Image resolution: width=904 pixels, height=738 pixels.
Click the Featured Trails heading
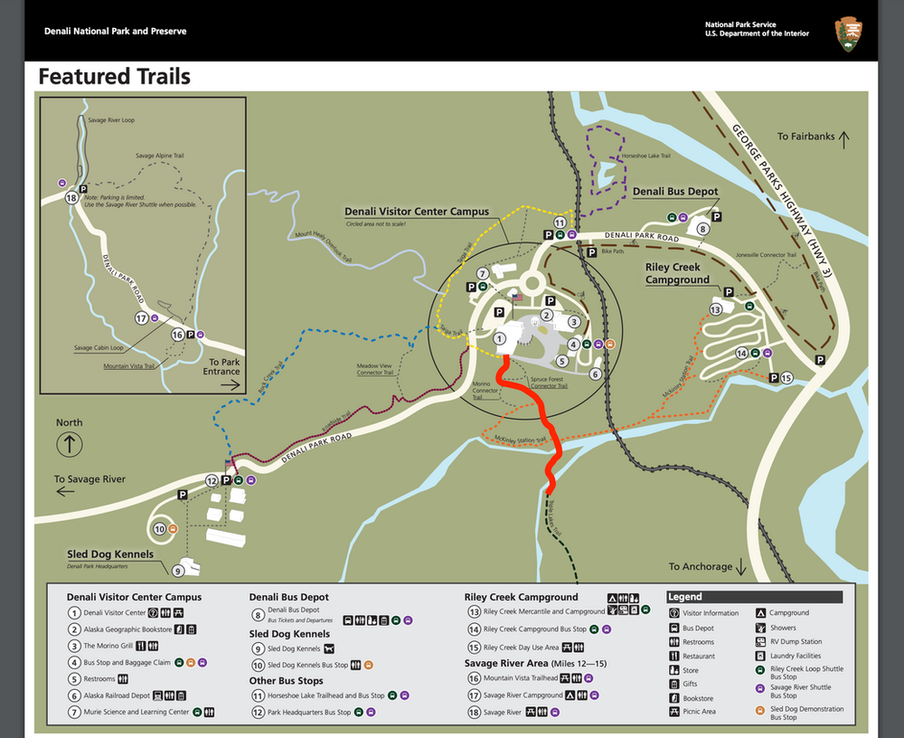click(x=114, y=77)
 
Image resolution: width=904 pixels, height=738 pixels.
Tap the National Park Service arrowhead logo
click(x=848, y=33)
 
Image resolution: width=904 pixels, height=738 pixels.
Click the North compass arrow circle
click(x=70, y=444)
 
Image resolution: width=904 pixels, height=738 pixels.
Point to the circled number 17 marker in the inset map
click(x=141, y=318)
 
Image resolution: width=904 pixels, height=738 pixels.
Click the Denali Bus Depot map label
click(x=675, y=192)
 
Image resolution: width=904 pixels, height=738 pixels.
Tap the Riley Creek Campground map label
click(x=677, y=273)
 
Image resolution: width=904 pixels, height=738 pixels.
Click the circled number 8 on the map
click(x=702, y=229)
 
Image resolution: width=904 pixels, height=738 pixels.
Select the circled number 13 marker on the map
click(x=716, y=309)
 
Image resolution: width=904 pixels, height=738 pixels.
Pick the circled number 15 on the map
click(x=786, y=377)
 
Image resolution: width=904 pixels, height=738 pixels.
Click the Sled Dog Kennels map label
click(x=110, y=553)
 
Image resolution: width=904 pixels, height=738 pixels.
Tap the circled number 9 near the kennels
click(x=178, y=571)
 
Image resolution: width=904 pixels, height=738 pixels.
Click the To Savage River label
click(x=89, y=479)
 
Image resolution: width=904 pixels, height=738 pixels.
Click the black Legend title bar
click(x=754, y=597)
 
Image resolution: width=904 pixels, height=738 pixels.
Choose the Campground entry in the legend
click(x=789, y=613)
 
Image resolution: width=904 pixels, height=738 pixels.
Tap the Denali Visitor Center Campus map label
click(x=416, y=212)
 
